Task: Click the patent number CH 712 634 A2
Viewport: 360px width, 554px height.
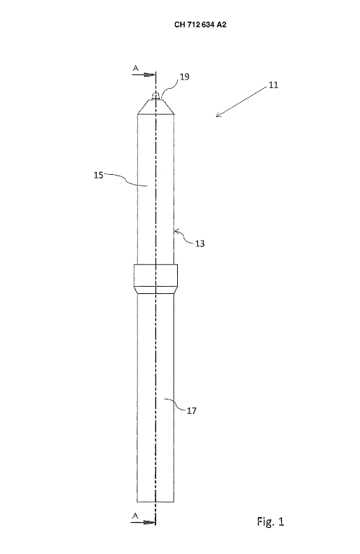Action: coord(200,25)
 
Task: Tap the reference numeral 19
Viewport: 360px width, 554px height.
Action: coord(184,77)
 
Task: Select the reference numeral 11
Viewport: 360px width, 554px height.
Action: coord(273,85)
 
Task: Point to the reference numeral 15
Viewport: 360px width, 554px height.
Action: coord(98,175)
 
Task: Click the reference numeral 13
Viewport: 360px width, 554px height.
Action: coord(200,243)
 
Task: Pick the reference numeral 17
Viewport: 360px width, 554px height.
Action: coord(192,410)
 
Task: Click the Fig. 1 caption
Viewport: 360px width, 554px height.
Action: coord(270,521)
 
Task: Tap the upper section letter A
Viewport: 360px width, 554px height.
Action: coord(135,68)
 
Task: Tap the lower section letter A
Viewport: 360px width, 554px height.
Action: coord(135,516)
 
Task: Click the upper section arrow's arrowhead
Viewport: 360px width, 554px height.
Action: coord(151,75)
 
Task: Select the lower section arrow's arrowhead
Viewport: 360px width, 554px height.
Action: coord(151,522)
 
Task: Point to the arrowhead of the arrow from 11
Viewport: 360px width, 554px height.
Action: coord(218,114)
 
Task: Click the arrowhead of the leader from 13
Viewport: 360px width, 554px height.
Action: coord(177,231)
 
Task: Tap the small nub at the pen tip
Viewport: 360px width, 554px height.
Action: coord(155,95)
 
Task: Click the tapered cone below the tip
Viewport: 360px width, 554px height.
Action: coord(155,106)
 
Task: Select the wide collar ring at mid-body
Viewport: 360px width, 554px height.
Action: coord(155,279)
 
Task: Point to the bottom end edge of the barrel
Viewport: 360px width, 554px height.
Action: coord(155,501)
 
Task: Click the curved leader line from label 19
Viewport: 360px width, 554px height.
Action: coord(169,86)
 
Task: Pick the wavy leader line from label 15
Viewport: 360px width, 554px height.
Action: coord(126,179)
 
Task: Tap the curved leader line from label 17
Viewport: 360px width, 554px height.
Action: coord(175,404)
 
